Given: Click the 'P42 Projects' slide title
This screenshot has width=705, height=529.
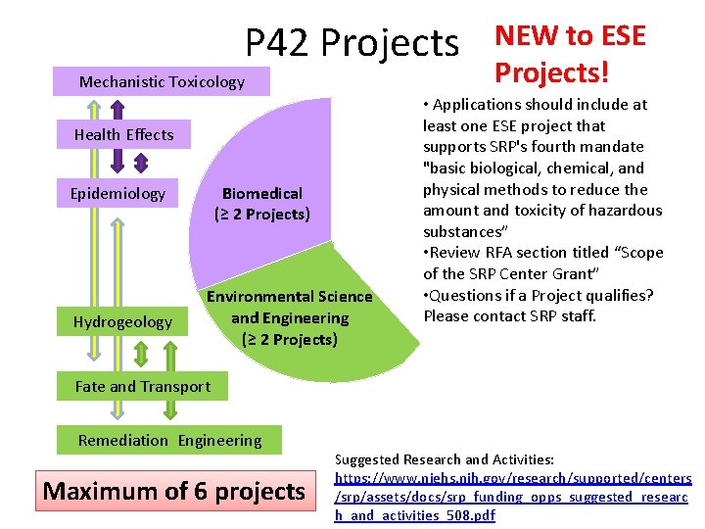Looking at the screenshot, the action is [x=352, y=43].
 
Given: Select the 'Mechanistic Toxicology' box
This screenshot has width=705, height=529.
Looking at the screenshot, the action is [x=162, y=82].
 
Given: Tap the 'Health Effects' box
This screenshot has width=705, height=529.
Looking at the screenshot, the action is [x=123, y=135].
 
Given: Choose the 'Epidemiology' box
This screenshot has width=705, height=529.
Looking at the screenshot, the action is [x=117, y=194].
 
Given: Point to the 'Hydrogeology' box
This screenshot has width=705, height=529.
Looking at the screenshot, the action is [x=122, y=322].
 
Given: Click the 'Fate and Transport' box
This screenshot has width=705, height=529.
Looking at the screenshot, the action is [x=143, y=387].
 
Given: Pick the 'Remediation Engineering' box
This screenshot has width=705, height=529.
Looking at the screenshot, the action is [x=169, y=441].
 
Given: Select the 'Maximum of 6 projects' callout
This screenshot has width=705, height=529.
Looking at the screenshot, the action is [x=174, y=491].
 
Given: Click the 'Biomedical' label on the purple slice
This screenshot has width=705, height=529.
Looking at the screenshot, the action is [x=261, y=194].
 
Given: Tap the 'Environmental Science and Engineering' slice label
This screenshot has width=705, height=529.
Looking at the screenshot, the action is [x=289, y=317].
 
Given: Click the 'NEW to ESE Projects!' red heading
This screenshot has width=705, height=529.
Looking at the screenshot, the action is [x=570, y=54].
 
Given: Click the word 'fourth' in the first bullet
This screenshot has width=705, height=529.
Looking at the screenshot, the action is [x=584, y=147].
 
